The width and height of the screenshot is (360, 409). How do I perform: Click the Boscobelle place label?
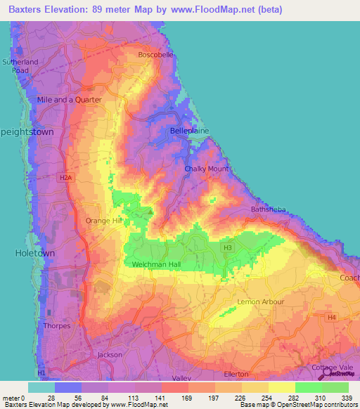click(155, 54)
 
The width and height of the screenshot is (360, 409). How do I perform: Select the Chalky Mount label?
click(206, 169)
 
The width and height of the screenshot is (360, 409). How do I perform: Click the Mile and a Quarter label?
click(69, 100)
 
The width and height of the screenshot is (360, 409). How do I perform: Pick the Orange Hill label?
click(103, 221)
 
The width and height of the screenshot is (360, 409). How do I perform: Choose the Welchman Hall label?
click(157, 264)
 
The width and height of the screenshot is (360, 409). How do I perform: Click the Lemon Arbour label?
click(261, 301)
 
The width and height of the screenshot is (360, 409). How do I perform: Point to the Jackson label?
click(110, 355)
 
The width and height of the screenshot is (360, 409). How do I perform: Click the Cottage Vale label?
click(333, 367)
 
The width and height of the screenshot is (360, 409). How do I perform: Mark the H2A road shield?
click(66, 178)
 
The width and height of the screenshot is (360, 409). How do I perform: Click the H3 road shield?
click(227, 247)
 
